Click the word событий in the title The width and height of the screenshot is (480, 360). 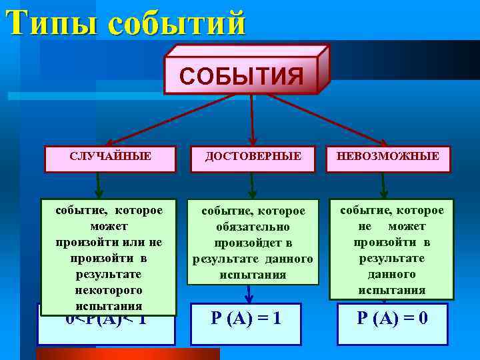(x=176, y=23)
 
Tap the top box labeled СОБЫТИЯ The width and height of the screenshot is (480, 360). (x=241, y=75)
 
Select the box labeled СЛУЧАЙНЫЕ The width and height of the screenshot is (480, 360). (x=110, y=158)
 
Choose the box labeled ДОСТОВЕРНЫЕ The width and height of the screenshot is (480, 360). (x=253, y=158)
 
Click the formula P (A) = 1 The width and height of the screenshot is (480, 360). (x=246, y=318)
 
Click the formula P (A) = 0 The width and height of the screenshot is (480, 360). (x=393, y=318)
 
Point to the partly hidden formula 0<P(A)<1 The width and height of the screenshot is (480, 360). (x=106, y=321)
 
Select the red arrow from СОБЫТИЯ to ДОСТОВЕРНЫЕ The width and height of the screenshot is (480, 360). (x=252, y=120)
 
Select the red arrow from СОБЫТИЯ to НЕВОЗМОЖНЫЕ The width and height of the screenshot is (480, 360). (x=327, y=120)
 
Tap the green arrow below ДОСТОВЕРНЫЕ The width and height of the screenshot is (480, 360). (x=251, y=185)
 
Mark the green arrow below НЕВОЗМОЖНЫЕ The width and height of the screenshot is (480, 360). (x=383, y=185)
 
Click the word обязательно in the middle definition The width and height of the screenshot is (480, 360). (x=252, y=227)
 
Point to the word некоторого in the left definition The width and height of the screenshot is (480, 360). (x=109, y=291)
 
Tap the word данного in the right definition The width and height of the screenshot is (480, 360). (x=392, y=274)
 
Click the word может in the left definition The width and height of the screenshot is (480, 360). (x=109, y=227)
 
